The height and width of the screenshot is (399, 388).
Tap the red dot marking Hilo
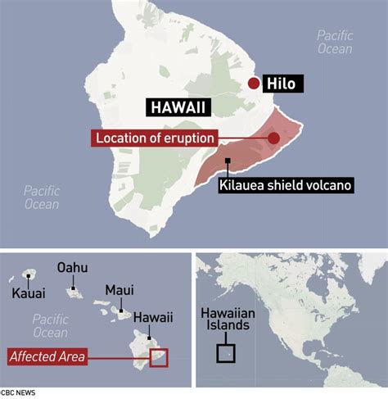pos(255,84)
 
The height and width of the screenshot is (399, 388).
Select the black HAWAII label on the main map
pos(178,107)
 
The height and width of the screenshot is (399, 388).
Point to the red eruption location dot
pos(274,138)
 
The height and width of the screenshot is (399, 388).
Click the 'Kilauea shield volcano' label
pos(286,185)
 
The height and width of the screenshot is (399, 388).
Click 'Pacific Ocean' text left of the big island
pos(42,197)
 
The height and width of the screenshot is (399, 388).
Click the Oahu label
pos(72,268)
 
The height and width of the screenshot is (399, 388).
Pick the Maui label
pos(120,290)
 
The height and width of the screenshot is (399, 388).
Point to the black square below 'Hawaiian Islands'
pos(225,353)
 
